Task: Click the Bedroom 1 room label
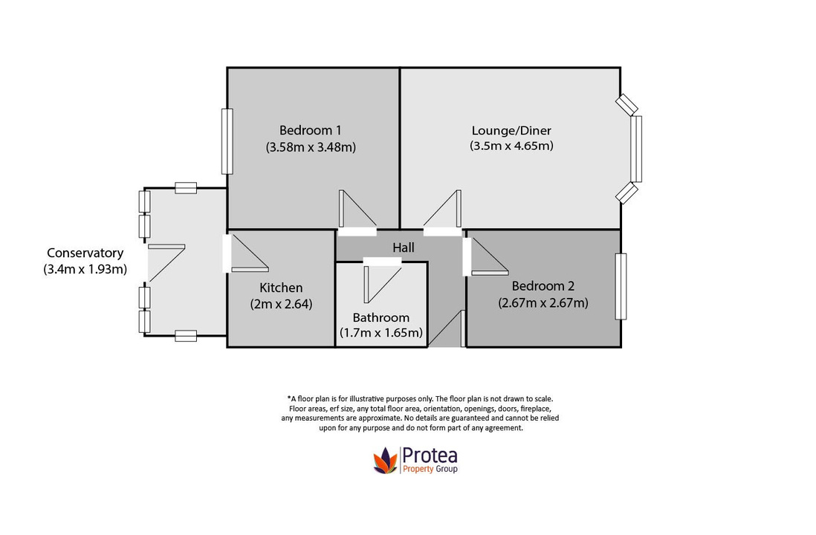click(311, 129)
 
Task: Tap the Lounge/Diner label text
click(511, 129)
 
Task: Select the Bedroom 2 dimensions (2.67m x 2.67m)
click(543, 302)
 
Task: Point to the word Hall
click(404, 247)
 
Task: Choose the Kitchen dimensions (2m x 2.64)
click(280, 303)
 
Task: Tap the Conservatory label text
click(85, 253)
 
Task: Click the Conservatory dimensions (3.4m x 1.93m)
click(85, 269)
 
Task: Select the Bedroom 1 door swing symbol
click(355, 211)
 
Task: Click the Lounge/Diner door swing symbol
click(445, 211)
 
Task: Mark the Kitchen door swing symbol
click(248, 254)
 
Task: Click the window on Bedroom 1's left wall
click(227, 141)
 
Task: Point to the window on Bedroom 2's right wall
click(621, 286)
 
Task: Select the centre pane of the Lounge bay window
click(635, 149)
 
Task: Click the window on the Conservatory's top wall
click(185, 188)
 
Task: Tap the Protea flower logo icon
click(385, 460)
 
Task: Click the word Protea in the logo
click(430, 454)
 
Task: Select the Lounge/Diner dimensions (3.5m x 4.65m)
click(511, 146)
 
